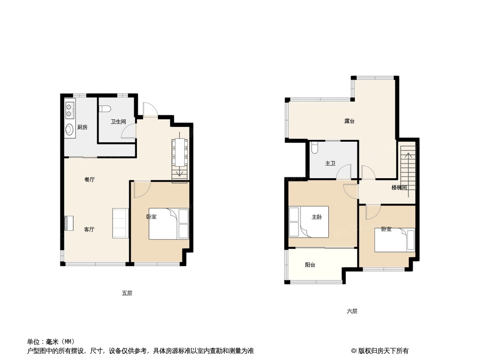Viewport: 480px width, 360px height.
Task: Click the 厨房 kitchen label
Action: click(82, 127)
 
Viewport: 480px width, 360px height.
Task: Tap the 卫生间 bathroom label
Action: click(118, 121)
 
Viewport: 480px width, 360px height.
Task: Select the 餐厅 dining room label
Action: click(90, 180)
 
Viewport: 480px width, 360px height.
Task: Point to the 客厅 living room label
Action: click(89, 229)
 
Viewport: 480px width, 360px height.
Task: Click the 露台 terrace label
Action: click(349, 121)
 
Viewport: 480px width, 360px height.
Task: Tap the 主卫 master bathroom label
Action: click(330, 163)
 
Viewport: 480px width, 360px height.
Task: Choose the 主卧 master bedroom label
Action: click(317, 217)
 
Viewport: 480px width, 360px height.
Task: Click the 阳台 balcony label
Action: click(310, 265)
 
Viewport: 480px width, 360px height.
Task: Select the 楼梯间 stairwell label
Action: click(399, 188)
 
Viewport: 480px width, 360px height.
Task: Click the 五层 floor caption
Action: click(127, 293)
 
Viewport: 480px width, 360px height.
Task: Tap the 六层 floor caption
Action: click(352, 311)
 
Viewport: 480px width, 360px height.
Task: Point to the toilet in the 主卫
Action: click(314, 148)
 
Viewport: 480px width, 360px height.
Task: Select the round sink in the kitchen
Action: click(69, 130)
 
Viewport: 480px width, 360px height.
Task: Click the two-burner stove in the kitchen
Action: click(69, 110)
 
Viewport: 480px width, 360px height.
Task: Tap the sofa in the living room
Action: click(120, 223)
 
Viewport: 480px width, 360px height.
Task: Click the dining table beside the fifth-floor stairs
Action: click(179, 152)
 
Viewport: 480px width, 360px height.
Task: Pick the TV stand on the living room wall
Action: click(69, 223)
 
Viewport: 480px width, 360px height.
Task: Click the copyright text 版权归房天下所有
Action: click(383, 351)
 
